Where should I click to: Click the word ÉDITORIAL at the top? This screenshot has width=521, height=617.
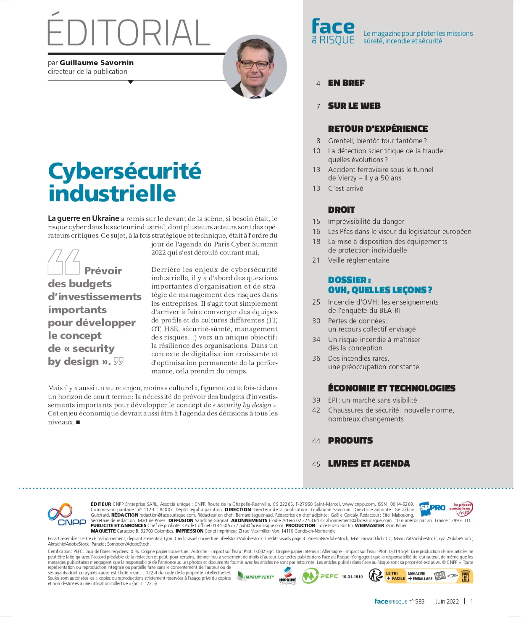(x=129, y=32)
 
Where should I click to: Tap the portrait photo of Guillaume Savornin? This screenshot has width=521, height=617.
(x=255, y=67)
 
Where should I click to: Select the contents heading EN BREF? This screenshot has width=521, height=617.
(x=346, y=83)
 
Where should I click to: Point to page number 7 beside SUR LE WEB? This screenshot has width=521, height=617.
(x=318, y=106)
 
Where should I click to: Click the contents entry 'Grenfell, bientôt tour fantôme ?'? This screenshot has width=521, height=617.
(x=377, y=141)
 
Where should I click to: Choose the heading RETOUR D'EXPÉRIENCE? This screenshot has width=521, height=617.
(x=378, y=129)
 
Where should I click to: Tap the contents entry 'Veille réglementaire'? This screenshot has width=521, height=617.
(x=358, y=260)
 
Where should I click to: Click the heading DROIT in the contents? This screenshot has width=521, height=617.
(x=341, y=210)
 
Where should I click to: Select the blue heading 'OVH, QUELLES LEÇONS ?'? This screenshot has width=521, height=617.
(x=380, y=290)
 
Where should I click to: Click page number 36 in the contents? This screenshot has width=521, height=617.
(x=316, y=358)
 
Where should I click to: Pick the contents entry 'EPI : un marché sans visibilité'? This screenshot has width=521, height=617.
(x=372, y=400)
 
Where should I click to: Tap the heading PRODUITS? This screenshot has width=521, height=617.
(x=350, y=441)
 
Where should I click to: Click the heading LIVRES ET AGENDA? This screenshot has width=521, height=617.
(x=368, y=464)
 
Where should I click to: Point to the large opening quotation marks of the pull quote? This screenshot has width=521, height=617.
(x=64, y=262)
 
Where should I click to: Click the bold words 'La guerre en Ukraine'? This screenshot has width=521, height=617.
(x=84, y=218)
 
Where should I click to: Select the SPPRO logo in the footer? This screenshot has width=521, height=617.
(x=432, y=508)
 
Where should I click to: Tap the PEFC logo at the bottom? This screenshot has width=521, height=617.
(x=319, y=576)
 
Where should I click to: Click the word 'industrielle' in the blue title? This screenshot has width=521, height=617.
(x=112, y=194)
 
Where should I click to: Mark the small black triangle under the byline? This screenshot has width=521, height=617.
(x=130, y=82)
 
